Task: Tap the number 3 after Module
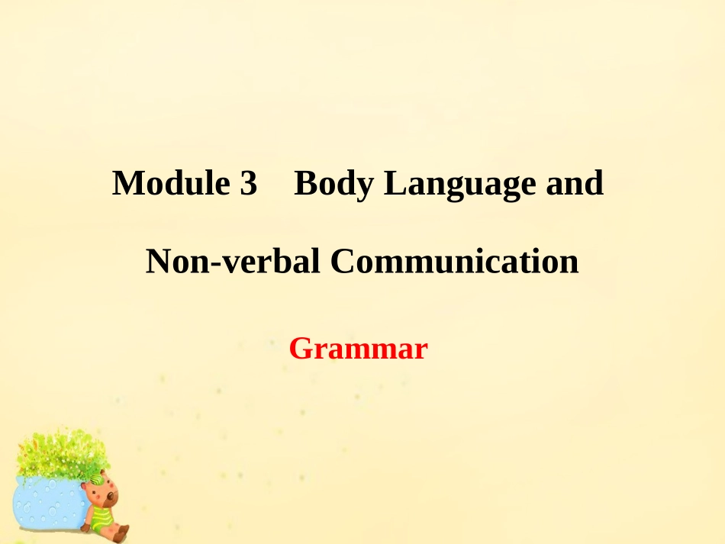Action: [248, 184]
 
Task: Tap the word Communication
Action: [454, 262]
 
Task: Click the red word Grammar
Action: [358, 349]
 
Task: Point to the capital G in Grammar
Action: [300, 349]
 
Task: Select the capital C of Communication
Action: [341, 262]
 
